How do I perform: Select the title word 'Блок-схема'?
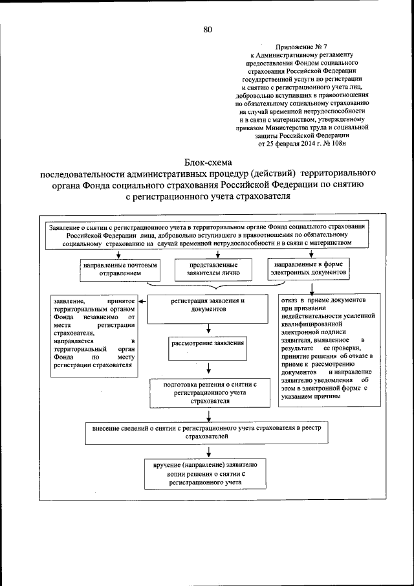(207, 162)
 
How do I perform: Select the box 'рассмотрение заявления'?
(208, 343)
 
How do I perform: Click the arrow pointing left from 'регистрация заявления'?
(144, 300)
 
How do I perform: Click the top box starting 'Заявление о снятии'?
(207, 234)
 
